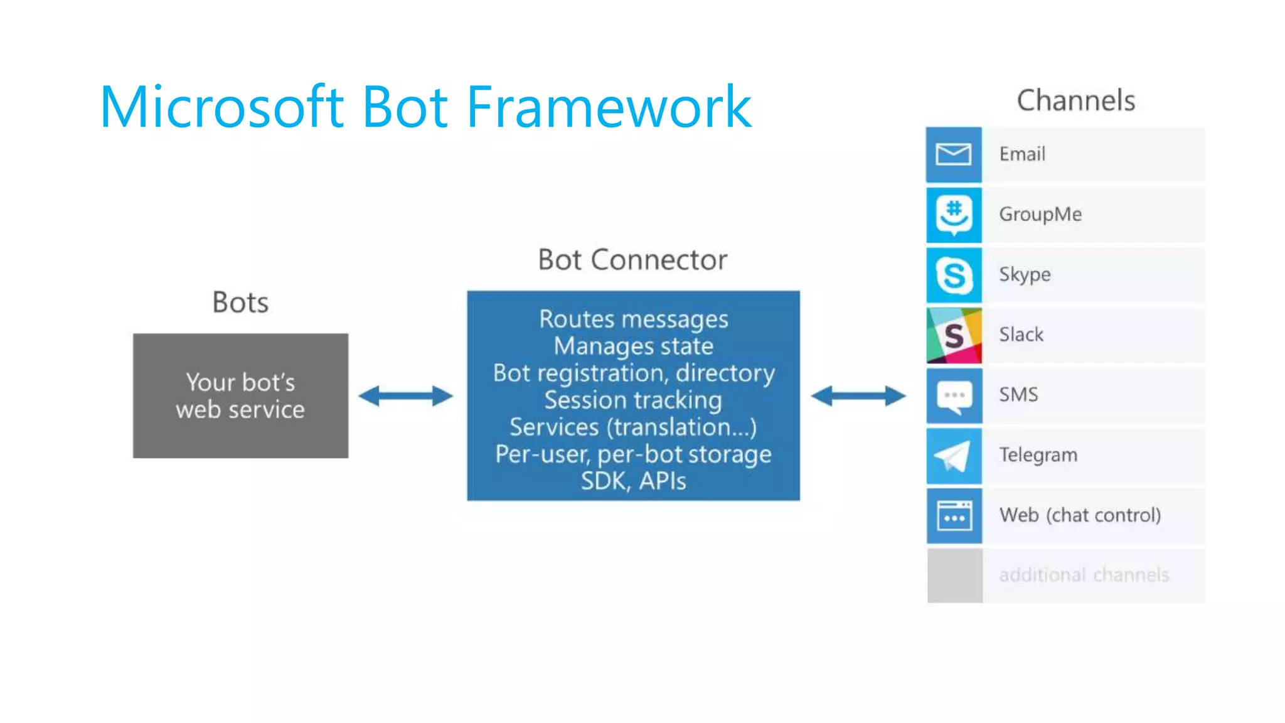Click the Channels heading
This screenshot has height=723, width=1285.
(1075, 100)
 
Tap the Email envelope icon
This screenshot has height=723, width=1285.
(954, 154)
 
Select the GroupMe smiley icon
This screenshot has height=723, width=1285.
(954, 215)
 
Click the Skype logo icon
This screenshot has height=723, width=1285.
(954, 275)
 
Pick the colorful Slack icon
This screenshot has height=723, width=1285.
(954, 335)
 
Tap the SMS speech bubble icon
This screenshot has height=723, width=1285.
(954, 395)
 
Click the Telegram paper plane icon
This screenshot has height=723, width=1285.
(954, 456)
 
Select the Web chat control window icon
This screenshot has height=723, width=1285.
(954, 516)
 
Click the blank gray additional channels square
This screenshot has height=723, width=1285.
(954, 576)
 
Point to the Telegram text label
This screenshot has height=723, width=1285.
(1038, 455)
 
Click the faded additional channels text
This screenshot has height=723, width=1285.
(1084, 575)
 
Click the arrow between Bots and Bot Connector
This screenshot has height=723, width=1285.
(405, 396)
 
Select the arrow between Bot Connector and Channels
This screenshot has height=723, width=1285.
(858, 396)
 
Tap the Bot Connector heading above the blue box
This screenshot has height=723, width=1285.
(632, 260)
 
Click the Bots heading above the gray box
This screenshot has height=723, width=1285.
(240, 303)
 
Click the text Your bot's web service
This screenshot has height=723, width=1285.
(240, 396)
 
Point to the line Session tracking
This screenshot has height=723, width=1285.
(632, 400)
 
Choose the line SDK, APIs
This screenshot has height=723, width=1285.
(632, 481)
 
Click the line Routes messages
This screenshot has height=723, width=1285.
(632, 319)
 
